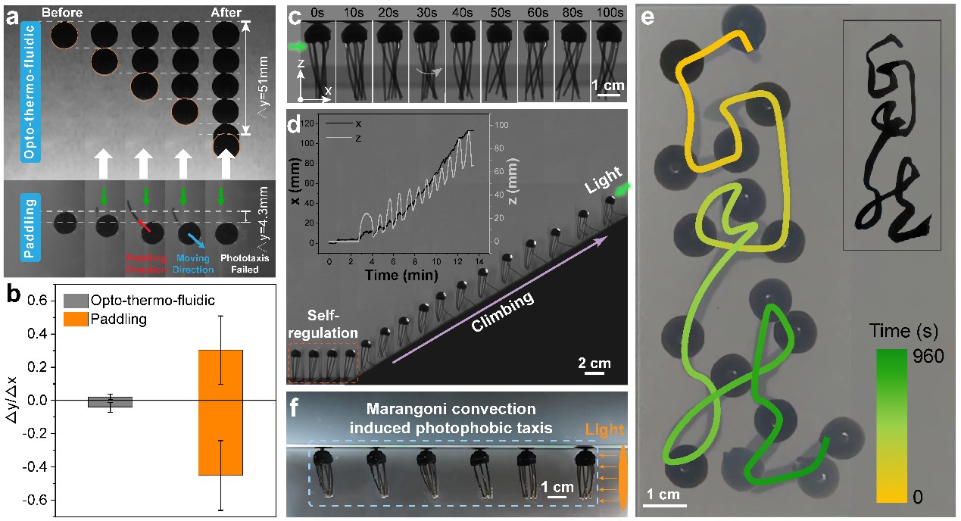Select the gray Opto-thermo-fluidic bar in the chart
[110, 402]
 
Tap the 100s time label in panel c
[609, 12]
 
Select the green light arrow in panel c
[297, 47]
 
